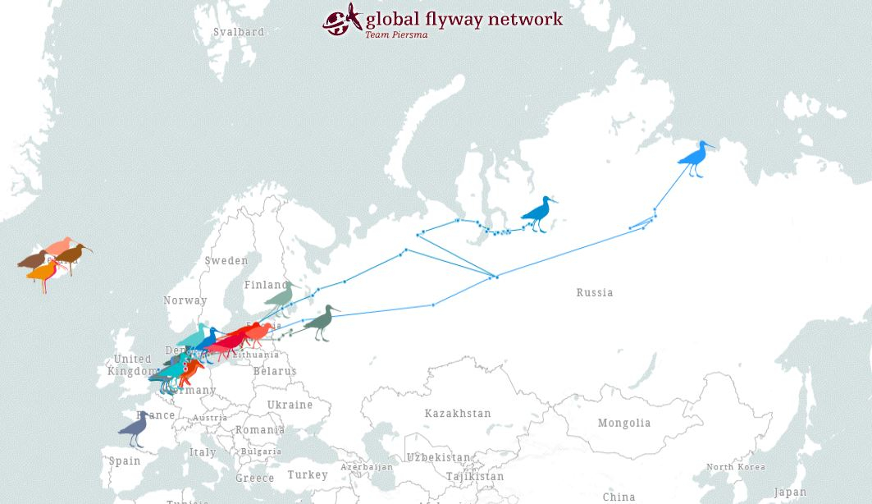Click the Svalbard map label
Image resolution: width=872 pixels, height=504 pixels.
click(239, 32)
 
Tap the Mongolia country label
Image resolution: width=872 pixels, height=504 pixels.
click(624, 424)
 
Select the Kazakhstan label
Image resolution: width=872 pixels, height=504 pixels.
click(458, 414)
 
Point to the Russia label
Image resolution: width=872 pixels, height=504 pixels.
click(595, 293)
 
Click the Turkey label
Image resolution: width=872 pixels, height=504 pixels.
click(308, 475)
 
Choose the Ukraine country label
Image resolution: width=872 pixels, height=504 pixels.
click(290, 405)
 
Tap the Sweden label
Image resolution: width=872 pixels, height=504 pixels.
click(226, 261)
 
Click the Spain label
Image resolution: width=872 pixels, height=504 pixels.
click(125, 461)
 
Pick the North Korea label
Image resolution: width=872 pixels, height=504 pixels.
click(736, 467)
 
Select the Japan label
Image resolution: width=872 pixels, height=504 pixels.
click(790, 493)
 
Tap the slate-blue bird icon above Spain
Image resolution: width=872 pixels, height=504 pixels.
click(135, 428)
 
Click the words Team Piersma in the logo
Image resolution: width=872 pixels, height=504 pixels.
click(396, 34)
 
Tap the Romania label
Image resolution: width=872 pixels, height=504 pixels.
click(260, 430)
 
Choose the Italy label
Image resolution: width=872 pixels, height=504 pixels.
click(203, 452)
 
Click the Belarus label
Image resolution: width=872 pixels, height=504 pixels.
click(275, 372)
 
